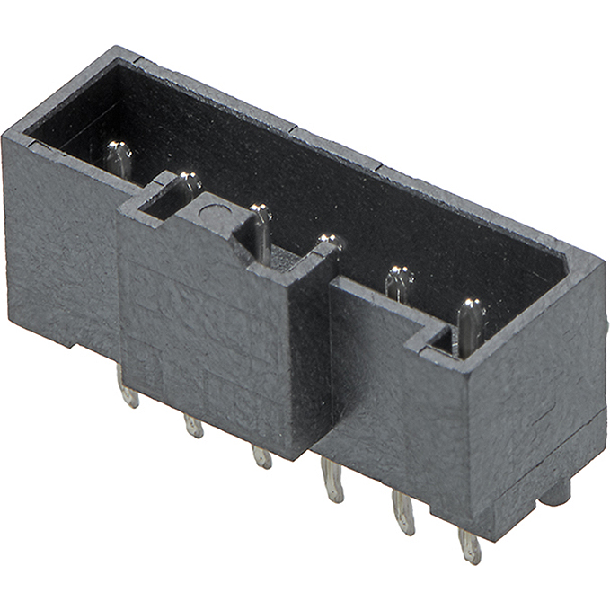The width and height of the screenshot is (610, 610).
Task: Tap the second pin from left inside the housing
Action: pyautogui.click(x=189, y=185)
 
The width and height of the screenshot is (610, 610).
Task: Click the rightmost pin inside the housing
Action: pyautogui.click(x=469, y=324)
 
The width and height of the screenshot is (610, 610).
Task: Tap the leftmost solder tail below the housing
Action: pyautogui.click(x=129, y=393)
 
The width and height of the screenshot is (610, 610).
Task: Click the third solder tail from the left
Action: pyautogui.click(x=261, y=455)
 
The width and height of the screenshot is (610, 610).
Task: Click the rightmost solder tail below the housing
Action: pyautogui.click(x=470, y=545)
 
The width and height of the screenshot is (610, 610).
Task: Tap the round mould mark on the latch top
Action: pyautogui.click(x=209, y=213)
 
